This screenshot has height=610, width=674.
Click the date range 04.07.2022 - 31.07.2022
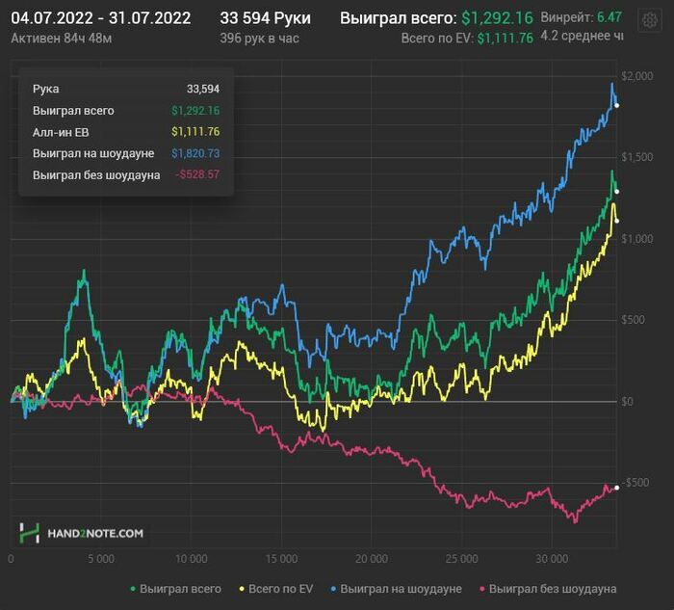[101, 18]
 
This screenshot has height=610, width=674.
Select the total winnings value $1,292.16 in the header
[496, 18]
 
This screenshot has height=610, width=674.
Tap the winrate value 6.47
[609, 18]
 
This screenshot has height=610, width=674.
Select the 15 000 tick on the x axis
[281, 559]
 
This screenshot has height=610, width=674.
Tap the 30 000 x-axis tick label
[552, 559]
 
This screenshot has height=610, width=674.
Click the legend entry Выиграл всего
[175, 588]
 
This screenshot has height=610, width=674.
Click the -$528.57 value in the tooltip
[197, 174]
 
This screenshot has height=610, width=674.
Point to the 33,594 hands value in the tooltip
[203, 89]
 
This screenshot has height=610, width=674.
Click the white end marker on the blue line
[617, 105]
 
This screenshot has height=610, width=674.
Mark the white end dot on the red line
[617, 487]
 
